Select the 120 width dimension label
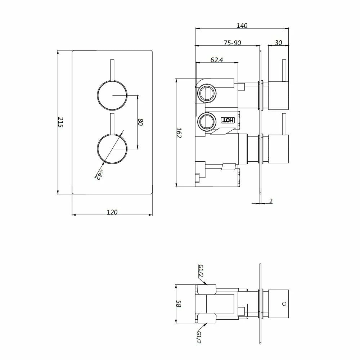pyautogui.click(x=112, y=212)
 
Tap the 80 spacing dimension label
pyautogui.click(x=140, y=122)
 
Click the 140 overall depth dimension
pyautogui.click(x=242, y=26)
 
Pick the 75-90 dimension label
pyautogui.click(x=232, y=43)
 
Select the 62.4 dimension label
pyautogui.click(x=217, y=60)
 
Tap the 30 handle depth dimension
pyautogui.click(x=278, y=42)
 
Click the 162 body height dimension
pyautogui.click(x=179, y=133)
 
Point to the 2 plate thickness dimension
pyautogui.click(x=271, y=201)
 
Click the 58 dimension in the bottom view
pyautogui.click(x=179, y=304)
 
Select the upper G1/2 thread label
pyautogui.click(x=201, y=272)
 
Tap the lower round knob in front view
pyautogui.click(x=112, y=149)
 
